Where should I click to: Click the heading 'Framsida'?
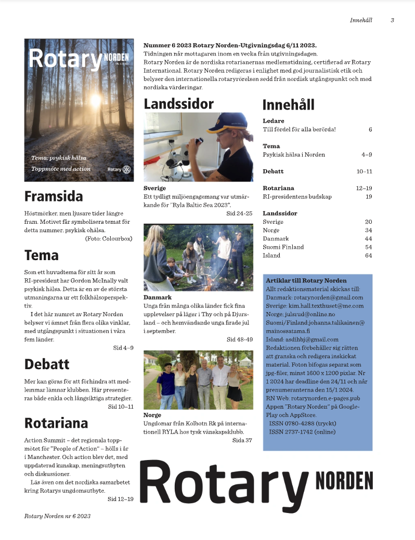point(54,196)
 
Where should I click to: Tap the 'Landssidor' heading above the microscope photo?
point(178,103)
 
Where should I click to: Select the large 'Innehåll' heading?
point(288,104)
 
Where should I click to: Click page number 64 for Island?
point(369,255)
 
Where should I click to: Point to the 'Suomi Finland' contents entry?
point(283,247)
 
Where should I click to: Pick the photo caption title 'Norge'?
point(152,415)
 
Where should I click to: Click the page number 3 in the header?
point(392,20)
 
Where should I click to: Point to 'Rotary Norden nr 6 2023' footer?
point(57,516)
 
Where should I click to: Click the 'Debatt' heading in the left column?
point(47,363)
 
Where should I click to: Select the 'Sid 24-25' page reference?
point(239,213)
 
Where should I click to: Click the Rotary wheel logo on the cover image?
point(126,169)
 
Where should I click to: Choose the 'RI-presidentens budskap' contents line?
point(297,197)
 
